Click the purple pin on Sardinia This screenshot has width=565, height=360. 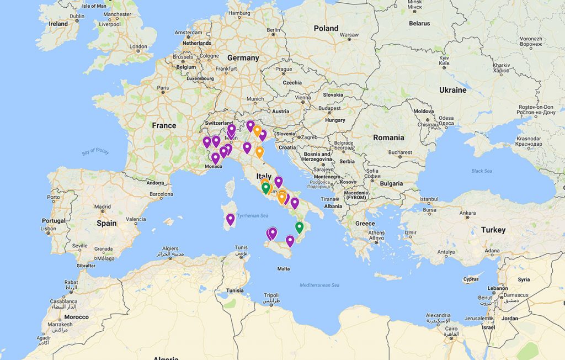(230, 219)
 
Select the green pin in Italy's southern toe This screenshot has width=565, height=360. (299, 227)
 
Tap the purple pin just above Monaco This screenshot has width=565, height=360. (215, 158)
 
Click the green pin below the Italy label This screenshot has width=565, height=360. (265, 188)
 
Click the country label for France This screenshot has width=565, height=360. (164, 125)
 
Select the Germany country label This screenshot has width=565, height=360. (243, 57)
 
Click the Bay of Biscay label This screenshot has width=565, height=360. (95, 151)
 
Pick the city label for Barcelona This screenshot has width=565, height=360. (161, 194)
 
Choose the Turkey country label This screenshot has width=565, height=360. (493, 230)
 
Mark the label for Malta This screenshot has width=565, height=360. (283, 269)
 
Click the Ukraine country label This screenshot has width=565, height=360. (452, 90)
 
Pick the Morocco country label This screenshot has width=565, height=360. (76, 317)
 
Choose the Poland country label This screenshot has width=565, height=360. (326, 28)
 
